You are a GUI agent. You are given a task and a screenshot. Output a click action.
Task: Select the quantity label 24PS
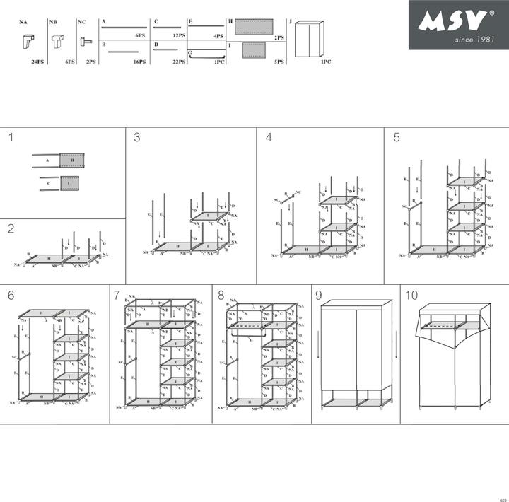(x=37, y=62)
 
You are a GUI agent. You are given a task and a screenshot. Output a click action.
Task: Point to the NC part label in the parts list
(x=81, y=23)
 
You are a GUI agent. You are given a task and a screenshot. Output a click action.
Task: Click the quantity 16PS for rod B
(x=139, y=62)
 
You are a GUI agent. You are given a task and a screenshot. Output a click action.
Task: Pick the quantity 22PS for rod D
(x=179, y=62)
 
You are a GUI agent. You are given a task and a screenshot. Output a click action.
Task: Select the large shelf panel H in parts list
(x=253, y=26)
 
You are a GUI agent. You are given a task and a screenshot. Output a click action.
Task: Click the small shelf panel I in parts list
(x=253, y=50)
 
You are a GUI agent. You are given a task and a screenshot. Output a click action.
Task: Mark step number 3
(x=136, y=138)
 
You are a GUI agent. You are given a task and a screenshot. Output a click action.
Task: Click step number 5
(x=397, y=138)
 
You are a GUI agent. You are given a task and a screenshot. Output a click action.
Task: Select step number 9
(x=319, y=295)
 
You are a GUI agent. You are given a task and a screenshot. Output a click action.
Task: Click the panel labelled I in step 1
(x=69, y=184)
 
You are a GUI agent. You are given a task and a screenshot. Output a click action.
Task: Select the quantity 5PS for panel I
(x=279, y=62)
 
